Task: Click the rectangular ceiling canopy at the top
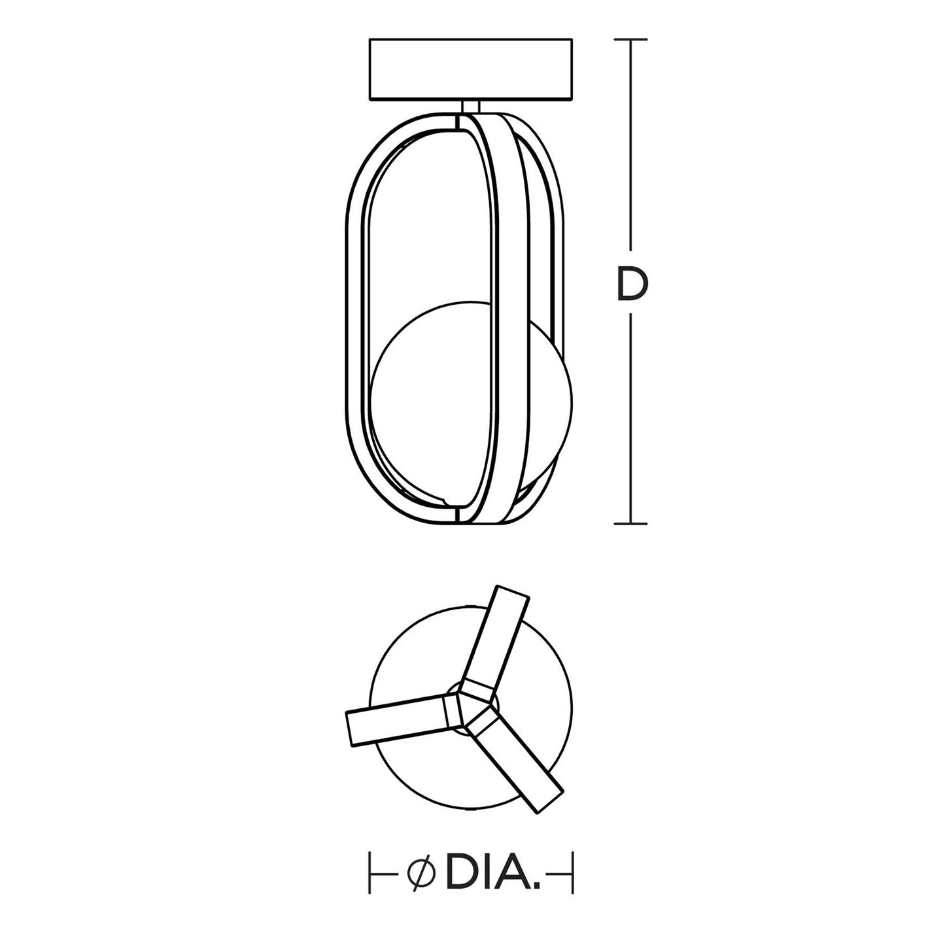point(470,69)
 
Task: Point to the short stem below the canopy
point(471,107)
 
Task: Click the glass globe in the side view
point(472,402)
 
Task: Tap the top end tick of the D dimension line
point(630,39)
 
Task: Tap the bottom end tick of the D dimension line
point(630,524)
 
